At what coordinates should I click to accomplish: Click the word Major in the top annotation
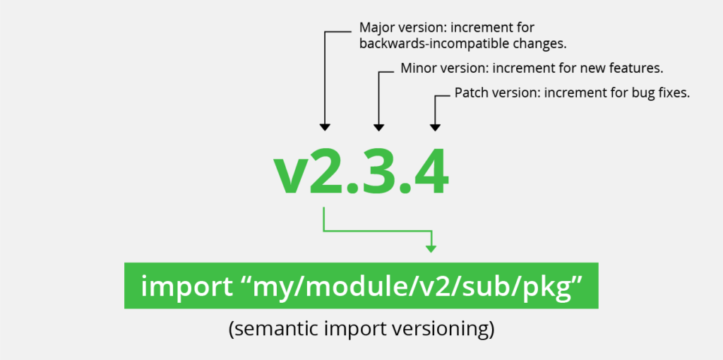point(376,28)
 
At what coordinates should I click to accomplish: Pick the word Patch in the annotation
point(471,92)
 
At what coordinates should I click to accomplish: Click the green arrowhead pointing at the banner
point(431,248)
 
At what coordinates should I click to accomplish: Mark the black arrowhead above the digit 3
point(379,127)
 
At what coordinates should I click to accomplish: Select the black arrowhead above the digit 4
point(435,127)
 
